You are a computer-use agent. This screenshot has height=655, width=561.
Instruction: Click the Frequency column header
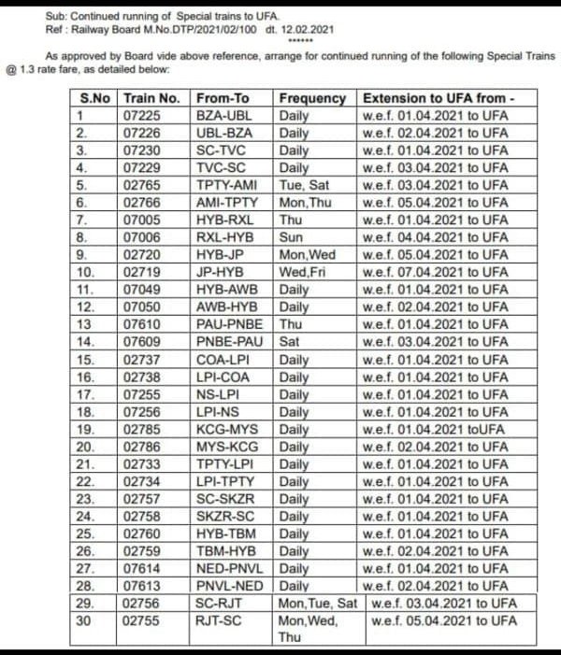312,98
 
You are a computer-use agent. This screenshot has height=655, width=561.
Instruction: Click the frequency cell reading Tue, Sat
304,185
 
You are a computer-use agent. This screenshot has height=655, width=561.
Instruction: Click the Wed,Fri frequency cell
301,272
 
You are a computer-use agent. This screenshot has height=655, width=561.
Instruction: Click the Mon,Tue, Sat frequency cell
318,603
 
